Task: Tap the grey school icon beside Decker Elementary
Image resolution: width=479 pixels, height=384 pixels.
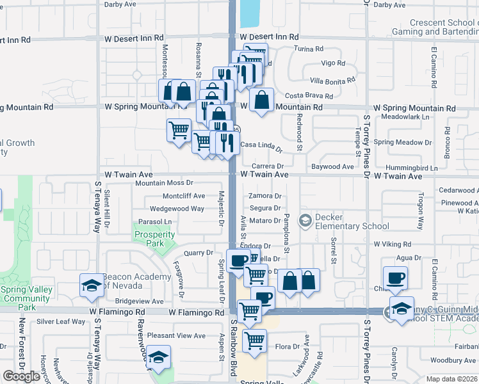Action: tap(305, 221)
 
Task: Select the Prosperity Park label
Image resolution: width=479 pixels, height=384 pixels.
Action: tap(154, 239)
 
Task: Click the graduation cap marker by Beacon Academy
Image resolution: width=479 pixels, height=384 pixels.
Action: tap(92, 285)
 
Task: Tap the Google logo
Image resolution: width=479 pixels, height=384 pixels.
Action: tap(21, 376)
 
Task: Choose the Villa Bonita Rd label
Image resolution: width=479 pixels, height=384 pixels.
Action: tap(332, 81)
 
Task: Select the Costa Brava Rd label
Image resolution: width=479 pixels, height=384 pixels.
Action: tap(311, 95)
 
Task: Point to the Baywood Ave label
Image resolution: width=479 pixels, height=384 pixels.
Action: tap(332, 166)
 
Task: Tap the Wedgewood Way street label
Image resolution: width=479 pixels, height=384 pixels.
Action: tap(177, 209)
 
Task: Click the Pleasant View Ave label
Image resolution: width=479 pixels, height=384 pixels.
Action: tap(176, 335)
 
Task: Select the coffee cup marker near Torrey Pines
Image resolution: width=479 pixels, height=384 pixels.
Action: tap(394, 278)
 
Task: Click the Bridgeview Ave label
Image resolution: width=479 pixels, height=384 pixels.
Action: tap(140, 301)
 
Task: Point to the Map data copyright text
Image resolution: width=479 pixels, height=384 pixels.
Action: tap(451, 379)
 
